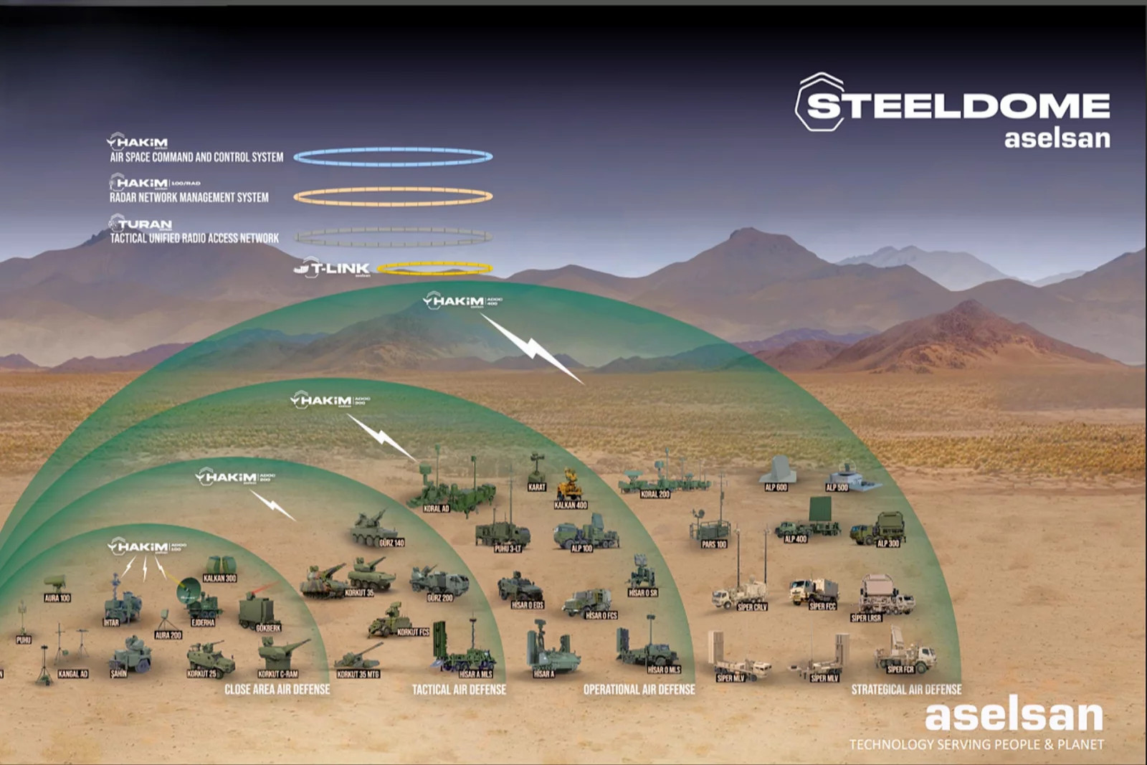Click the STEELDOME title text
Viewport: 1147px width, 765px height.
pos(958,105)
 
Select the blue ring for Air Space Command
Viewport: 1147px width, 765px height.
pos(393,157)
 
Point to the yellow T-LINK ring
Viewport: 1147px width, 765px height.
pos(434,269)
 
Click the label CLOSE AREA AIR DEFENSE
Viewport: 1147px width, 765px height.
pos(277,690)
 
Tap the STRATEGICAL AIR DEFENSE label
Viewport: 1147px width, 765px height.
pos(906,690)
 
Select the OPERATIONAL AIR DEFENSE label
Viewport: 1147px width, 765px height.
pos(639,690)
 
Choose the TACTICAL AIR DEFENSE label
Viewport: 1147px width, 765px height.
pos(459,690)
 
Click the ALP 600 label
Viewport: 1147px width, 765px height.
pos(776,488)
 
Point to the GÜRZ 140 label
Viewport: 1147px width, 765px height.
pos(391,543)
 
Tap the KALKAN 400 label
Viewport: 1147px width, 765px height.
pos(571,505)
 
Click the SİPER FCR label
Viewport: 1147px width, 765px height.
pos(900,670)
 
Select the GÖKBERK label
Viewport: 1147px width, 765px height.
pos(268,628)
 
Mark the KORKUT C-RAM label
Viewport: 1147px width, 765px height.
pos(277,674)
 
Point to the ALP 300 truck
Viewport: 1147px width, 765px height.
pos(880,528)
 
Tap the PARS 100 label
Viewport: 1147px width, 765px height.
pos(714,544)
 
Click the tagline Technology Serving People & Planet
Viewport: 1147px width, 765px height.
pos(976,745)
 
